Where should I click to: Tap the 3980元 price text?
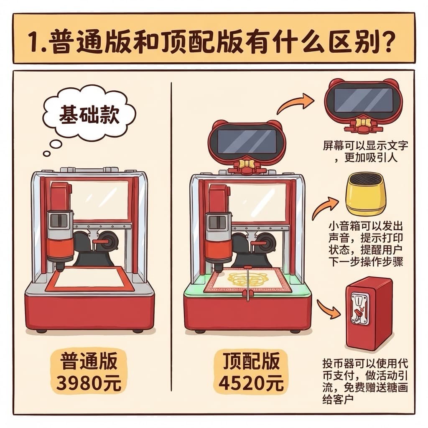click(89, 383)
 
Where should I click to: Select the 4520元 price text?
click(251, 383)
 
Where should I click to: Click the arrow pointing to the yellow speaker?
click(325, 206)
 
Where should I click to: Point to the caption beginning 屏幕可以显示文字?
click(365, 151)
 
